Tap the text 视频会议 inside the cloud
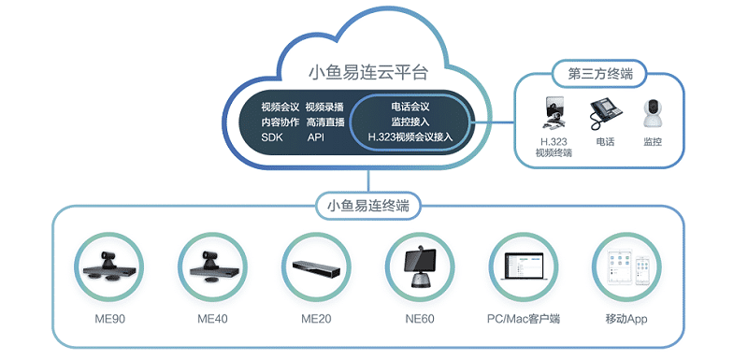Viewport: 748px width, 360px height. coord(279,107)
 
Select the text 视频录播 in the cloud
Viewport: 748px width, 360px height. coord(324,107)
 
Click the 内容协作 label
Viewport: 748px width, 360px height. coord(279,122)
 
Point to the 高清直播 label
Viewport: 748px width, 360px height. coord(324,122)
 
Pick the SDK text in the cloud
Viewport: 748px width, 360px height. coord(271,137)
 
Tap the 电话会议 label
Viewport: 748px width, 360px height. coord(410,107)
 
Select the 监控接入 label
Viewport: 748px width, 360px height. coord(410,122)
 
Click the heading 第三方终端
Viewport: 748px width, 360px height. coord(594,73)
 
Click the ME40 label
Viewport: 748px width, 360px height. coord(209,319)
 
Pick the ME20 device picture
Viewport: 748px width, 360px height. coord(316,266)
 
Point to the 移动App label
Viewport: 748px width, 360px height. coord(626,319)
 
